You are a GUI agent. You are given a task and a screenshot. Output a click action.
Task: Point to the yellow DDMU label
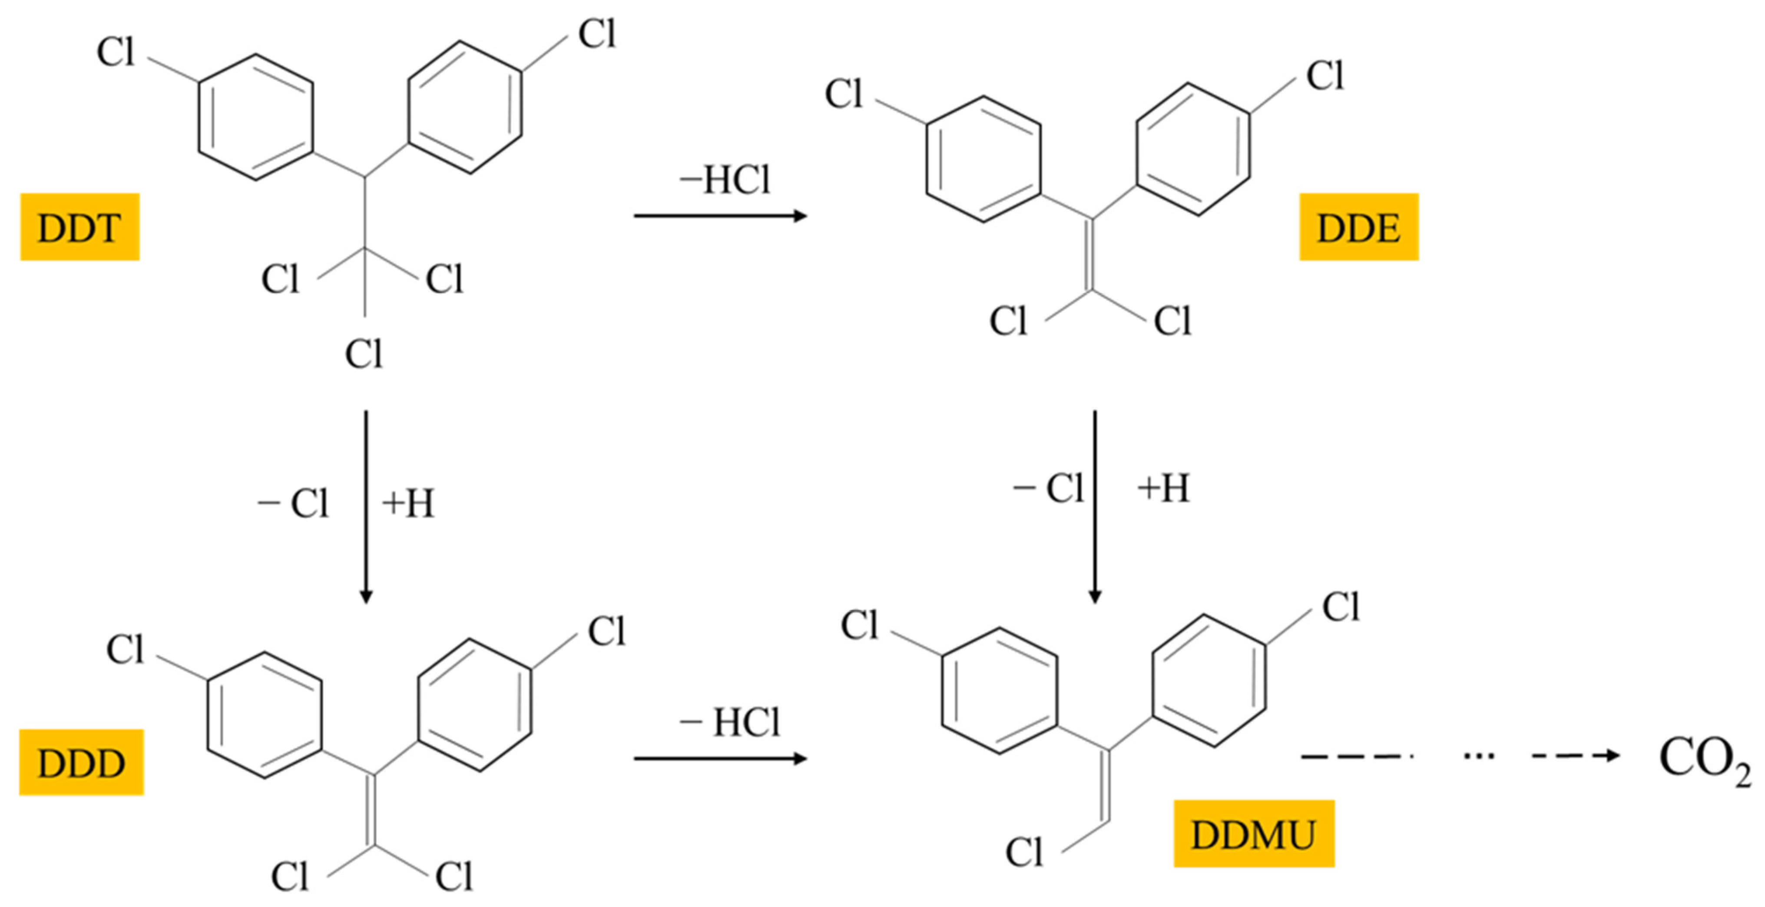(1253, 834)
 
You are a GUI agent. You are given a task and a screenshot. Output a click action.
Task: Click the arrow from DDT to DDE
(719, 216)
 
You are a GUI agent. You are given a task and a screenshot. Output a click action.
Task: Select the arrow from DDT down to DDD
(365, 507)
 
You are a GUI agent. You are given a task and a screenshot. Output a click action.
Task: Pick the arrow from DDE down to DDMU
(1094, 507)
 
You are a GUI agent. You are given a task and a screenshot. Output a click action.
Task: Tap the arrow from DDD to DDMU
(719, 758)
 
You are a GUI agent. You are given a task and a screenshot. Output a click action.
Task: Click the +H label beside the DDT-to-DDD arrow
(408, 504)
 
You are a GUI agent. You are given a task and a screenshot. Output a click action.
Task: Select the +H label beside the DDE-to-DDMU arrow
(1163, 489)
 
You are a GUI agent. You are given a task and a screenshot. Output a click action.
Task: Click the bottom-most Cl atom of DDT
(363, 354)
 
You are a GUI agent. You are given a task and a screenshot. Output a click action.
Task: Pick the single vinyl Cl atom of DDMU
(1023, 852)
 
